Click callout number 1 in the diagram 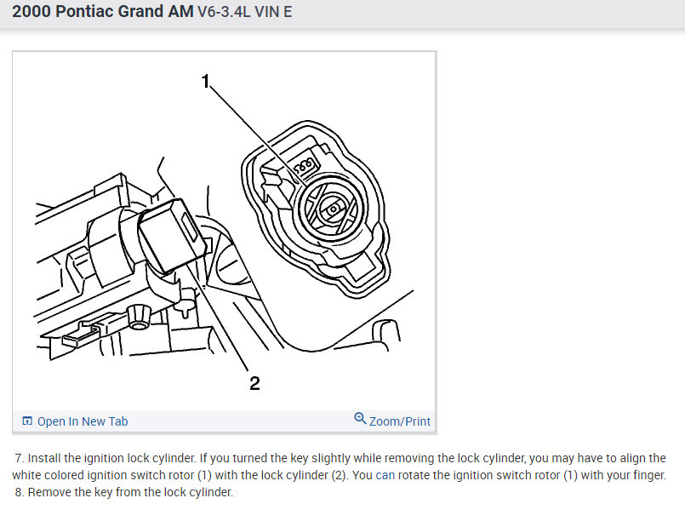[206, 81]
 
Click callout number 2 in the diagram [254, 383]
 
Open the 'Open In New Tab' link [83, 421]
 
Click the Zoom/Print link [400, 421]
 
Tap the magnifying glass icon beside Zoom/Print [360, 418]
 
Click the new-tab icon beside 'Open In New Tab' [27, 421]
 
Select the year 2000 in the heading [31, 11]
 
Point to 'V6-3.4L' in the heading [224, 12]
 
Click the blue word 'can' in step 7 [385, 475]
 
